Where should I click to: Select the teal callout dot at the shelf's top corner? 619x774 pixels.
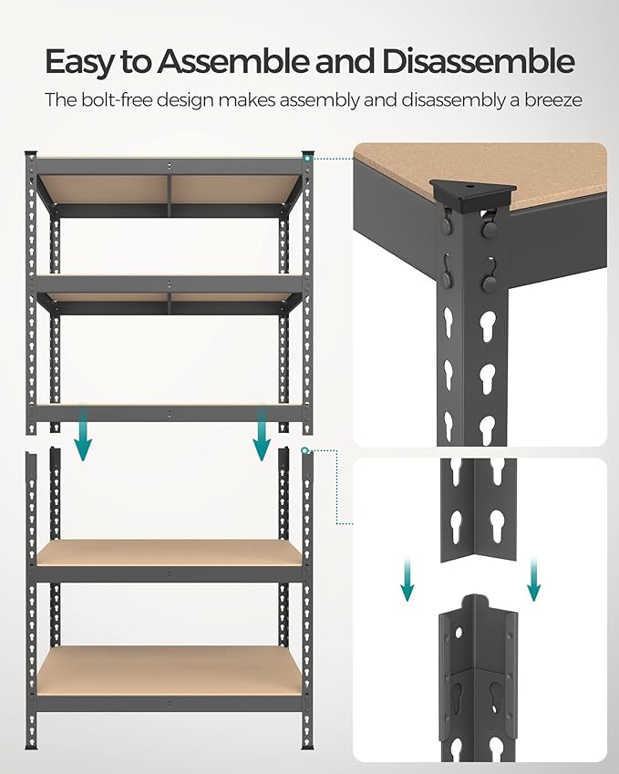tap(310, 158)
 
